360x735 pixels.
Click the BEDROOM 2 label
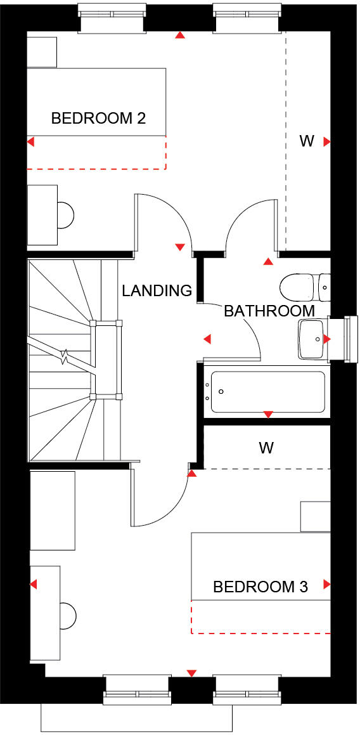pyautogui.click(x=98, y=118)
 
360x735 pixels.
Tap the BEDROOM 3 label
pyautogui.click(x=260, y=587)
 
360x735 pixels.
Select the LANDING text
pyautogui.click(x=157, y=290)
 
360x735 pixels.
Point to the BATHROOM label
pyautogui.click(x=269, y=311)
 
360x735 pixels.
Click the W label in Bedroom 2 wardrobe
pyautogui.click(x=307, y=141)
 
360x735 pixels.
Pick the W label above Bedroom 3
pyautogui.click(x=266, y=448)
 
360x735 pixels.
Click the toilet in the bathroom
pyautogui.click(x=299, y=287)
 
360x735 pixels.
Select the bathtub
pyautogui.click(x=267, y=391)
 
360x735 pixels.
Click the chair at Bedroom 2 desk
pyautogui.click(x=66, y=215)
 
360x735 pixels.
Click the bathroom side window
pyautogui.click(x=347, y=339)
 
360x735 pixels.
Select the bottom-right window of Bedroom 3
pyautogui.click(x=246, y=689)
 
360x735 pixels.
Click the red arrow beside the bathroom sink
pyautogui.click(x=327, y=339)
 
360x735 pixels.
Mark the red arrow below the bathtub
pyautogui.click(x=267, y=414)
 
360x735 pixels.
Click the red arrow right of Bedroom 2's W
pyautogui.click(x=327, y=142)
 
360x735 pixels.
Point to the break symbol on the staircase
pyautogui.click(x=65, y=358)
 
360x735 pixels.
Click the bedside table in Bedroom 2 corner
pyautogui.click(x=42, y=52)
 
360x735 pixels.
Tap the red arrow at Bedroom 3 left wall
pyautogui.click(x=32, y=584)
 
